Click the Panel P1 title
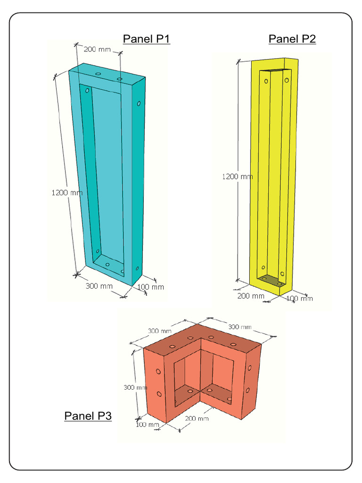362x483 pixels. [x=146, y=39]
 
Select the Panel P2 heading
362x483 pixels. [x=292, y=39]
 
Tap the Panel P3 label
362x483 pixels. [x=88, y=416]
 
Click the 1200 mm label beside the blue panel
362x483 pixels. [x=66, y=192]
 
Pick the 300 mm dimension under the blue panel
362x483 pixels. [x=99, y=286]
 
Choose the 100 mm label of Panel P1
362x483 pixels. [x=151, y=287]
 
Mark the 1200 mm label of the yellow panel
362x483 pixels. [x=237, y=176]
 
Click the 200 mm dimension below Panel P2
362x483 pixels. [x=251, y=296]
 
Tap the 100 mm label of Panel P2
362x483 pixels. [x=300, y=298]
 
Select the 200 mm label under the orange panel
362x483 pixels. [x=197, y=418]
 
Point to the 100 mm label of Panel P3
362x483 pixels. [x=148, y=425]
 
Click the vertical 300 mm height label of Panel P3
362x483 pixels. [x=135, y=387]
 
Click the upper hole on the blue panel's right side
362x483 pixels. [x=139, y=103]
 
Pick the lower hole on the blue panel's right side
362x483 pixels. [x=137, y=268]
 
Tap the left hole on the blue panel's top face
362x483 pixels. [x=99, y=74]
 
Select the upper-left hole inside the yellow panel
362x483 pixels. [x=266, y=81]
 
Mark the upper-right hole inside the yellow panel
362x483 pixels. [x=287, y=81]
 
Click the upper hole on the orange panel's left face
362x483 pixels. [x=159, y=372]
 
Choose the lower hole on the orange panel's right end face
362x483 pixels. [x=247, y=390]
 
